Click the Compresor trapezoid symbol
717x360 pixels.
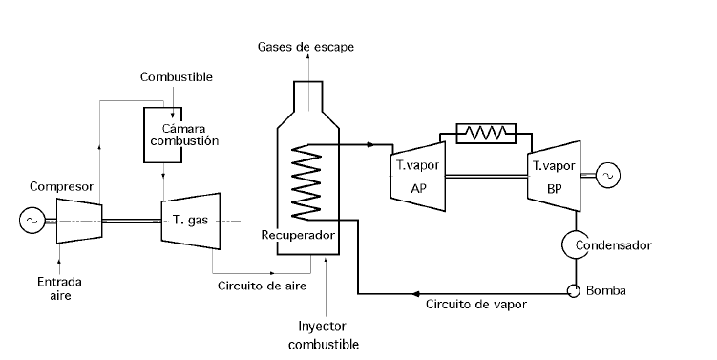pyautogui.click(x=79, y=220)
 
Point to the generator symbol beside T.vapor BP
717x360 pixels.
pyautogui.click(x=607, y=175)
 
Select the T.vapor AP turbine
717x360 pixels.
pyautogui.click(x=418, y=174)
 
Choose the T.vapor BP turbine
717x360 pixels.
pyautogui.click(x=555, y=174)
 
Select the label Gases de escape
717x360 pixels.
pyautogui.click(x=305, y=47)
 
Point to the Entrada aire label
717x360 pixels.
pyautogui.click(x=58, y=288)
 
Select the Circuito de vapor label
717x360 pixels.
pyautogui.click(x=475, y=305)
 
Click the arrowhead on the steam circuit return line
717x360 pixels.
pyautogui.click(x=415, y=293)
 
